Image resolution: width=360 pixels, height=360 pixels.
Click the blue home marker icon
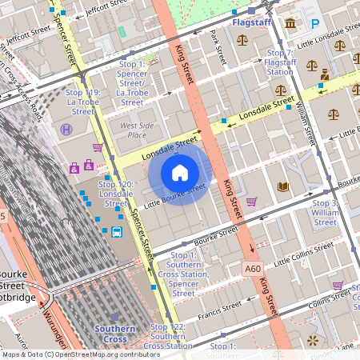[180, 172]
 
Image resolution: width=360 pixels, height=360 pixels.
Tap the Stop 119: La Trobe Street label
[82, 102]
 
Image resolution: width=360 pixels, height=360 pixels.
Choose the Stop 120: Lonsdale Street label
[116, 194]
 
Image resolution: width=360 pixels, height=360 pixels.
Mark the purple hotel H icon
[66, 129]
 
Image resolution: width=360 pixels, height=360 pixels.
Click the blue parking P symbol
[314, 25]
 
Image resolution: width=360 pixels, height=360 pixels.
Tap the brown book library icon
[282, 187]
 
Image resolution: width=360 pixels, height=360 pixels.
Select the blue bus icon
[117, 233]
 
